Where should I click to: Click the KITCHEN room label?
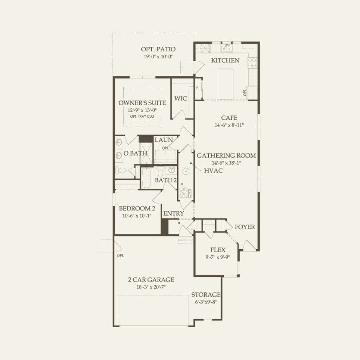[225, 60]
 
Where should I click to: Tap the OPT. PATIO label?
[158, 49]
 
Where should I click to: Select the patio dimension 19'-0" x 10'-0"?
[158, 57]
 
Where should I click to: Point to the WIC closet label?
[181, 99]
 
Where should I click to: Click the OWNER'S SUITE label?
[142, 103]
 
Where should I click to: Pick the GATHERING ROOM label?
[226, 156]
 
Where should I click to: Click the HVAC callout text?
[213, 170]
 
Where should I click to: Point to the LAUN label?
[164, 140]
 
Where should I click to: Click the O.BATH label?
[135, 153]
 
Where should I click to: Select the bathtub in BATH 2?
[146, 178]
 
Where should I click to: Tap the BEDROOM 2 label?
[137, 209]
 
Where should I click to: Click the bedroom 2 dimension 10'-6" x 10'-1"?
[137, 216]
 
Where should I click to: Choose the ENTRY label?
[173, 213]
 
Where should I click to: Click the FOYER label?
[244, 227]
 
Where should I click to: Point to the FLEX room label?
[218, 250]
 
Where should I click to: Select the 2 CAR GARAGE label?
[151, 279]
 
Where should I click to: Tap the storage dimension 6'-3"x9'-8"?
[206, 302]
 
